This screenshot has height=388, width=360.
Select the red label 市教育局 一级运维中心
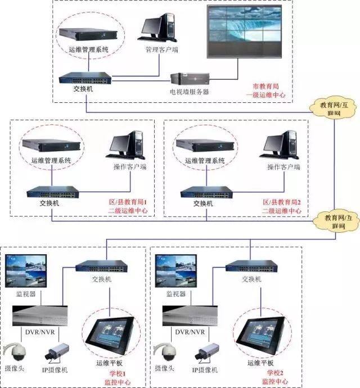[x=269, y=91]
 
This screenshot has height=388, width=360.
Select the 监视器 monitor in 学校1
[x=26, y=273]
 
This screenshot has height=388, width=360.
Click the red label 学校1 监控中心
[x=125, y=376]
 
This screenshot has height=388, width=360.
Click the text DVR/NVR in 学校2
[x=191, y=332]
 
